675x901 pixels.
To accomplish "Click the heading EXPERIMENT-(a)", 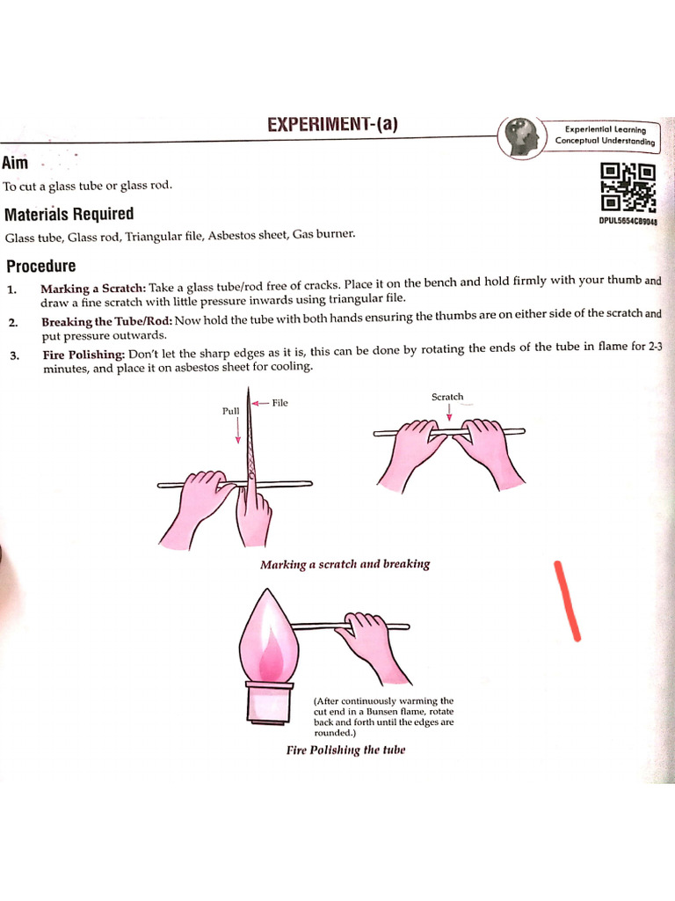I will coord(332,125).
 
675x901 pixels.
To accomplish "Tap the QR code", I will coord(628,187).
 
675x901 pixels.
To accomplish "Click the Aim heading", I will coord(15,163).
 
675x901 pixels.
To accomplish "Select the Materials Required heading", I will coord(69,214).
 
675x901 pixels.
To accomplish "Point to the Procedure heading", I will coord(41,266).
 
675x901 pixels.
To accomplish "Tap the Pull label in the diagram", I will coord(230,410).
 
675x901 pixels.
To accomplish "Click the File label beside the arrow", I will coord(280,403).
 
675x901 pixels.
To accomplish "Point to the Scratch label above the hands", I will coord(447,397).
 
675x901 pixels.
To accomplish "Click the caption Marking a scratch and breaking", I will coord(345,564).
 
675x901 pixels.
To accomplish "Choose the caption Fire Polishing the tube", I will coord(345,750).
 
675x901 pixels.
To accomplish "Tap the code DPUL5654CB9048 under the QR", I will coord(628,222).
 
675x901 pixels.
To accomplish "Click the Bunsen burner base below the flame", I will coord(268,701).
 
